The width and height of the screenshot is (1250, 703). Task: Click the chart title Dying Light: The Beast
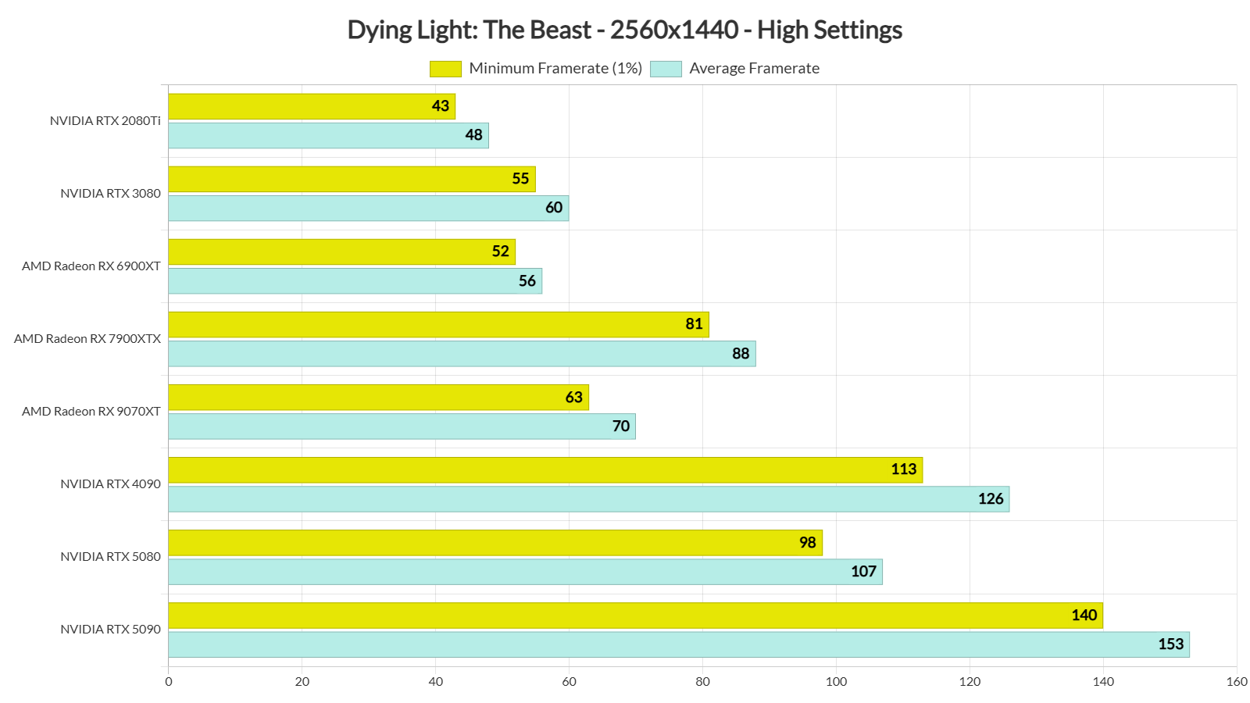pos(624,30)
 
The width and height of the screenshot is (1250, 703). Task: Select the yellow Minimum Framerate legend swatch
pos(445,69)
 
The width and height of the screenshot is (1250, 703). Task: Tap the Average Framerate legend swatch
pos(666,69)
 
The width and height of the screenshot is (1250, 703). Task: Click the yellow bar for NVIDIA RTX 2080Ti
pos(311,106)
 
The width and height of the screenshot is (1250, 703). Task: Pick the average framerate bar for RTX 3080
pos(368,208)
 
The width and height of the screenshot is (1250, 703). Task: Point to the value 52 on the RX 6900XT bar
pos(500,252)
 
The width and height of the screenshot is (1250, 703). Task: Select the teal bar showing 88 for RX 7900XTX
pos(461,354)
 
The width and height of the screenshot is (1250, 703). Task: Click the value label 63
pos(574,398)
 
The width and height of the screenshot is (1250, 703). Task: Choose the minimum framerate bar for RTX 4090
pos(545,470)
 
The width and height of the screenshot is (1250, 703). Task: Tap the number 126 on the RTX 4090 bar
pos(991,499)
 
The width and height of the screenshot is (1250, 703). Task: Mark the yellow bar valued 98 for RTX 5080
pos(495,543)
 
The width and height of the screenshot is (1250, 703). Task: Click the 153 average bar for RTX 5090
pos(678,644)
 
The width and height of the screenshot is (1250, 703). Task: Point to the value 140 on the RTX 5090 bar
pos(1084,616)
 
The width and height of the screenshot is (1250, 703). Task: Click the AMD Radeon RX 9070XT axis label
pos(91,412)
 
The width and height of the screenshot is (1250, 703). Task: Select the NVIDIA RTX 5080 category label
pos(110,557)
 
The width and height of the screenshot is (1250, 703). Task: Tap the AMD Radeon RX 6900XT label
pos(91,266)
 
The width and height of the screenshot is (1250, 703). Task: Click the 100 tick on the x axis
pos(836,682)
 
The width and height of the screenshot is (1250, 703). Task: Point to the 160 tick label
pos(1237,682)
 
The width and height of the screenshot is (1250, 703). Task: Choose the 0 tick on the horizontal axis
pos(169,682)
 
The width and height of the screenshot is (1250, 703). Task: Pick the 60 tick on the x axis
pos(569,682)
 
